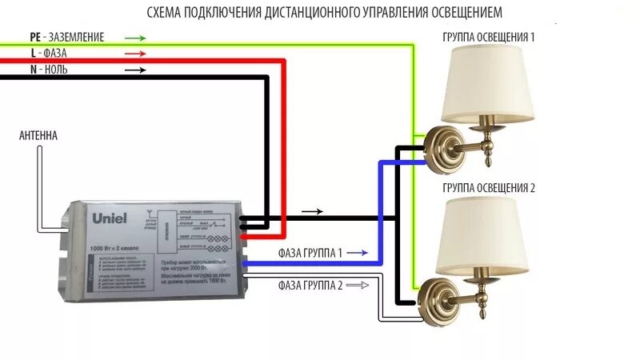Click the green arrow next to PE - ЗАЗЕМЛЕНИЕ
pos(135,38)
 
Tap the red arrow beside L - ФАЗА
pos(135,54)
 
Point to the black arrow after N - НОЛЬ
pos(135,70)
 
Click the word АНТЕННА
pos(38,136)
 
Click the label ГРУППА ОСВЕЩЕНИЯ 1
pos(488,38)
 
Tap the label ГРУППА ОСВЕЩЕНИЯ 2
pos(488,188)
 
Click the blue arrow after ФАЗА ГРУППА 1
pos(357,253)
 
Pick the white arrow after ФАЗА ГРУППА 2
pos(357,285)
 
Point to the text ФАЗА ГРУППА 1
pos(311,253)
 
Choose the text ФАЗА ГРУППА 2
pos(311,285)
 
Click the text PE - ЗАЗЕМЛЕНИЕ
pos(66,38)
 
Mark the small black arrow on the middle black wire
pos(313,212)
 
